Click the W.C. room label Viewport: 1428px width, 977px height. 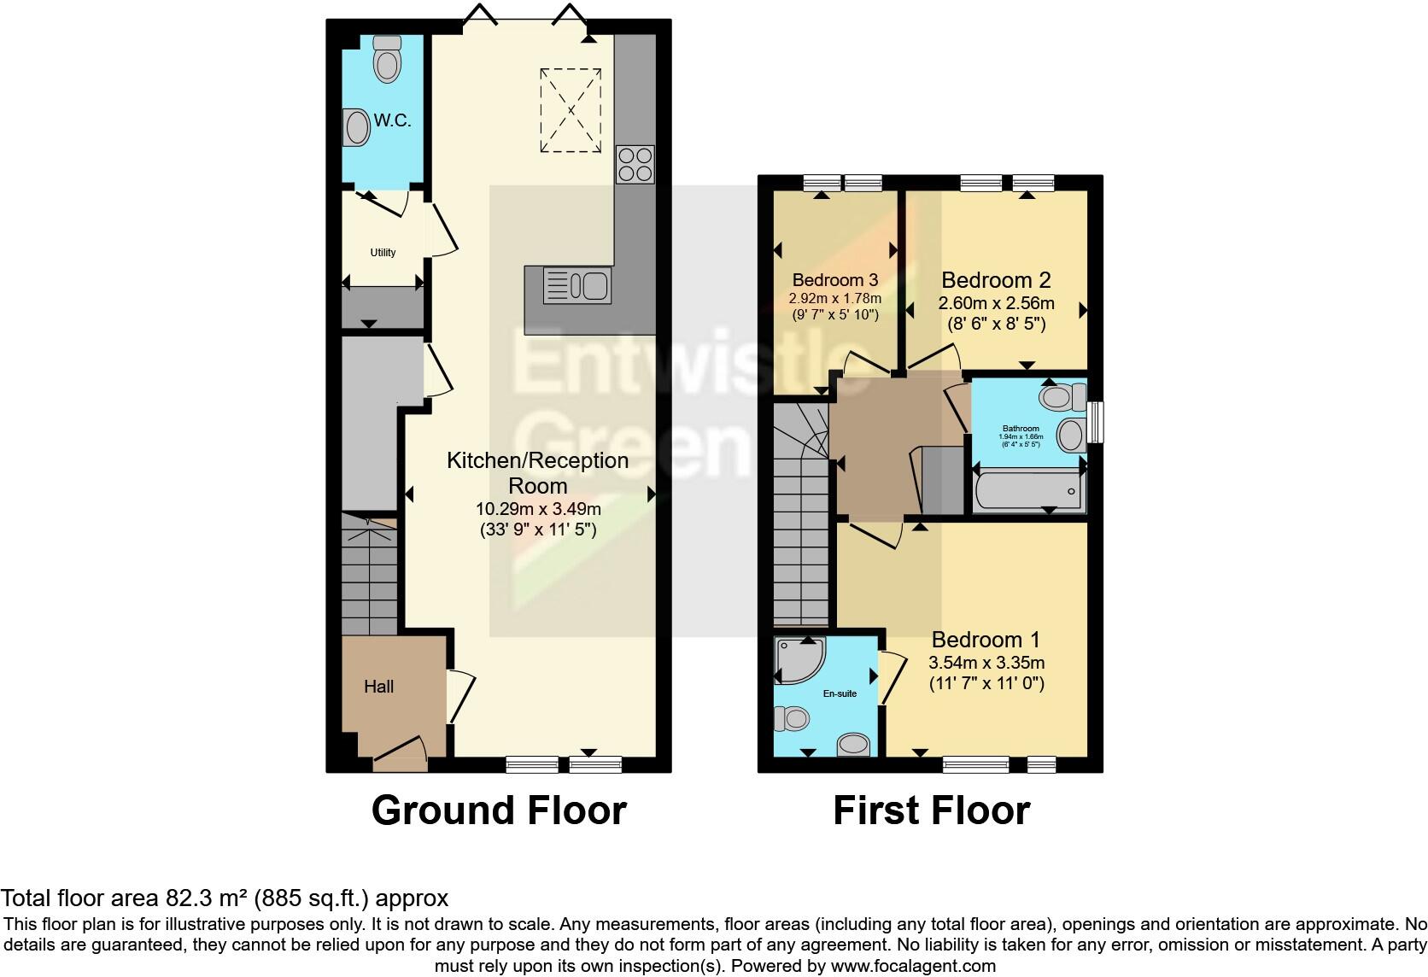[x=392, y=120]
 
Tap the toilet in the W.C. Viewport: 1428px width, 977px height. [x=387, y=59]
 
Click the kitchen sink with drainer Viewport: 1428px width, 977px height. [x=577, y=286]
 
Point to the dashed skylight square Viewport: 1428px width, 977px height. [x=570, y=111]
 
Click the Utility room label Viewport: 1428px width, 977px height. [x=383, y=253]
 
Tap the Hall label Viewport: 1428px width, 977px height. [x=378, y=687]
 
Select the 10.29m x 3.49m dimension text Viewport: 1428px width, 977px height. [x=538, y=509]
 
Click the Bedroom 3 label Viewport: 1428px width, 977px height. [x=835, y=280]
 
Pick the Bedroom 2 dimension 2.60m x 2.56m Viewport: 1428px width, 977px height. [x=996, y=303]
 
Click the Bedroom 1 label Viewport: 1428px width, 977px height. [x=986, y=640]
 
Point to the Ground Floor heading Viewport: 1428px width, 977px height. [x=499, y=810]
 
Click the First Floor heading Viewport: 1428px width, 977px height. [x=931, y=810]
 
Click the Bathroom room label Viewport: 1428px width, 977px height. [x=1021, y=429]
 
